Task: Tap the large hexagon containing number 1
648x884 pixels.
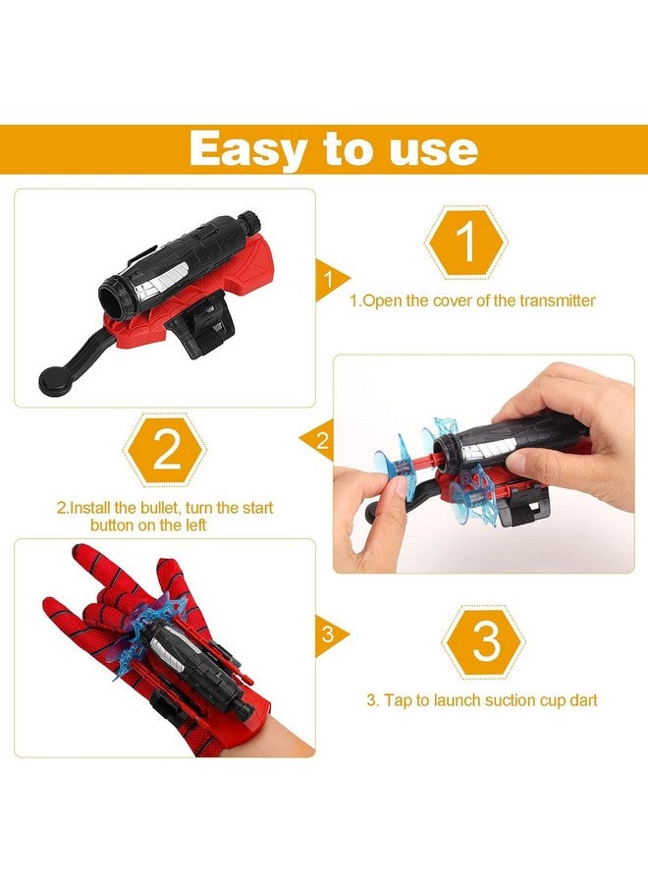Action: [x=466, y=241]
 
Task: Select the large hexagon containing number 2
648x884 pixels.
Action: [x=165, y=451]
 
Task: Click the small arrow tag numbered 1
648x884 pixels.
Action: [x=328, y=279]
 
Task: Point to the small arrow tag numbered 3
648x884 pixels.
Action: [x=328, y=634]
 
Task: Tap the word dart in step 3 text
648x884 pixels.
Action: [x=580, y=700]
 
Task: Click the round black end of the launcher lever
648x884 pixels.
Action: [x=48, y=375]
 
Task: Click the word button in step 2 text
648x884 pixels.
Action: [x=113, y=525]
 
